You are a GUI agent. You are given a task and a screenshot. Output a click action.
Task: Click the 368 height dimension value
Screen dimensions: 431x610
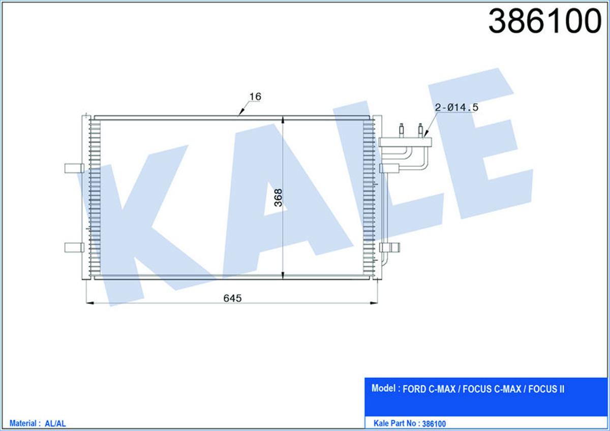[277, 198]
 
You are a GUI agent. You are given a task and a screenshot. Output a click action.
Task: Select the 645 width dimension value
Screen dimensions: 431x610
[231, 298]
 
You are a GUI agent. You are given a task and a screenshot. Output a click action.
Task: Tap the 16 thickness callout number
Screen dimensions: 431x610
[256, 97]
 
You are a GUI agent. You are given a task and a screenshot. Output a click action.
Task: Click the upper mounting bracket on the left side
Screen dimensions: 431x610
[74, 168]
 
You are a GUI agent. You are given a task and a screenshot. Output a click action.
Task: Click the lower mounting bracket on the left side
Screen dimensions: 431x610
[74, 247]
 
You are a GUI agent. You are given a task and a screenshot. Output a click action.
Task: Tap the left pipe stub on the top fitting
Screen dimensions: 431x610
[402, 129]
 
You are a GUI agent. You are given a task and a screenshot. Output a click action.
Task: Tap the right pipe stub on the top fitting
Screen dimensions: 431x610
[420, 129]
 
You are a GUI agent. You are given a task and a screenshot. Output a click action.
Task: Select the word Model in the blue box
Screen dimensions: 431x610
[384, 389]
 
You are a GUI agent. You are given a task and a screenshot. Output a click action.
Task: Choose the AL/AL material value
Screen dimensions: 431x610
[56, 423]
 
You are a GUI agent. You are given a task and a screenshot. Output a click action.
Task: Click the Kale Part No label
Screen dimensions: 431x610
[395, 423]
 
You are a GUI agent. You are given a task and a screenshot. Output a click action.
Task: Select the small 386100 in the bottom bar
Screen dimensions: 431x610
[434, 423]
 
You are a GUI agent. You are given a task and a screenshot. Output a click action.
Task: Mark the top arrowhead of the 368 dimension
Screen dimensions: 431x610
[283, 120]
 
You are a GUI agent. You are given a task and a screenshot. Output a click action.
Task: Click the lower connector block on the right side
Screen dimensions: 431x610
[390, 248]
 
